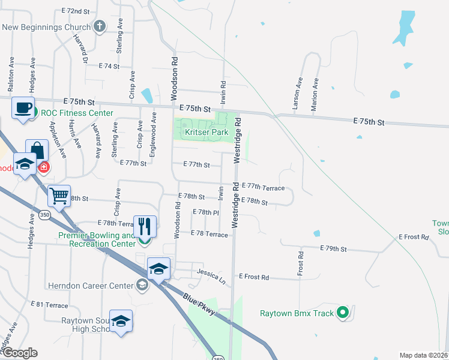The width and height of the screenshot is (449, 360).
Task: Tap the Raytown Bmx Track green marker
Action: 343,312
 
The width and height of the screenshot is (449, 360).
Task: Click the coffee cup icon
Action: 23,108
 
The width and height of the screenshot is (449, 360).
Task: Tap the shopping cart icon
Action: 59,195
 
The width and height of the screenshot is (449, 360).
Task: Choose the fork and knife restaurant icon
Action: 145,226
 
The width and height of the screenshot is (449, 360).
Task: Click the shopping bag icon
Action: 37,150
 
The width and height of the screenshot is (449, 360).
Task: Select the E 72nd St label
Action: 75,11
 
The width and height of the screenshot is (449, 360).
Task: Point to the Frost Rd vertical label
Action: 301,263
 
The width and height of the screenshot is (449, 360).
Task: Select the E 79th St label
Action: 334,248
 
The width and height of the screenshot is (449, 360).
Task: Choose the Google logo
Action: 20,353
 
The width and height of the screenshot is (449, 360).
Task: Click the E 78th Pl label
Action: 206,212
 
